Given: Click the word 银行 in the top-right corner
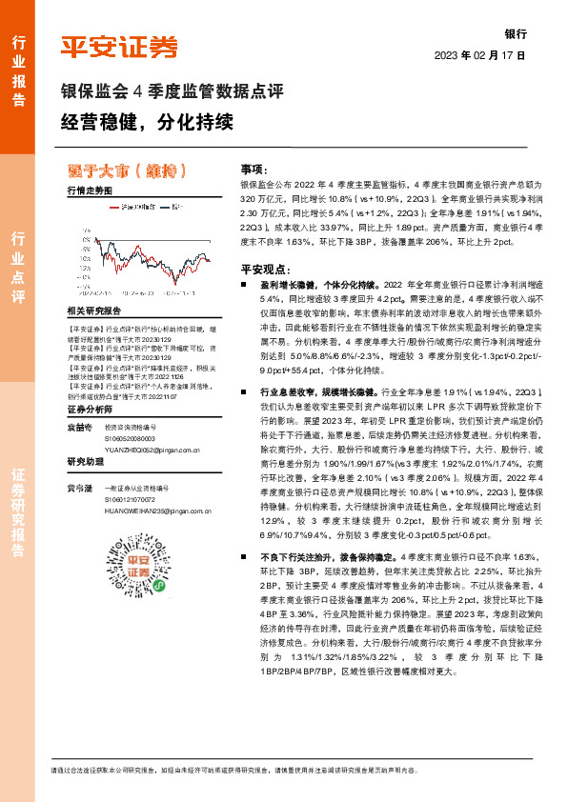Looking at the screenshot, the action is coord(516,32).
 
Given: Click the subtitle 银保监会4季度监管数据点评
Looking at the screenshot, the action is coord(172,92).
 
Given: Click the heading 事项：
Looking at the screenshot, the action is coord(254,167).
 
